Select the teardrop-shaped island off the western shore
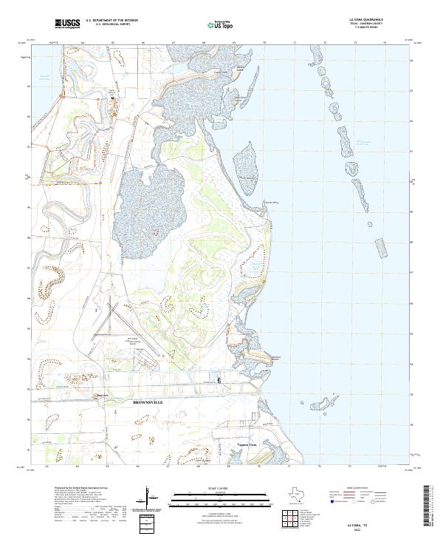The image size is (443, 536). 250,160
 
